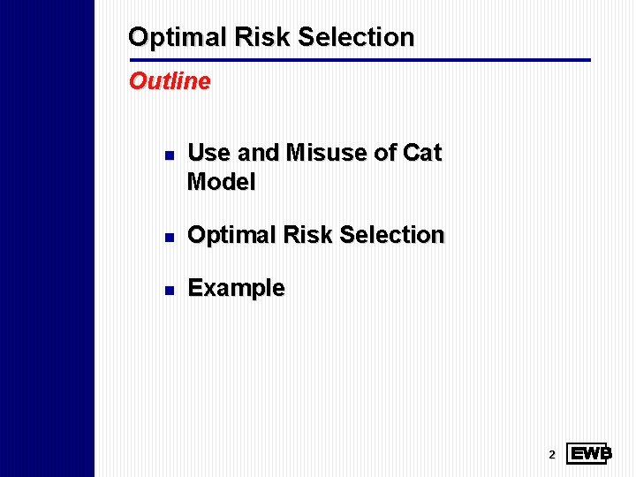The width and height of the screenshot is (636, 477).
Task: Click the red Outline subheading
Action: click(x=170, y=81)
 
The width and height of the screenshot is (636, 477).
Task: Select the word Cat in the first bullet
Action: click(x=421, y=153)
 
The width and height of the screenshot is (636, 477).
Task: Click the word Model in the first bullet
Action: click(x=222, y=183)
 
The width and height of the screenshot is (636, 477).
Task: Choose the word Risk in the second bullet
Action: click(x=306, y=235)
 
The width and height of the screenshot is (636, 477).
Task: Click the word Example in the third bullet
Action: click(x=237, y=288)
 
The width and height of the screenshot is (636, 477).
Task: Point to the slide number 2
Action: click(x=552, y=455)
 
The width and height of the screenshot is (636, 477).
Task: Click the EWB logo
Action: click(x=589, y=454)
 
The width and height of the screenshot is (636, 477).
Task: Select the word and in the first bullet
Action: click(x=258, y=153)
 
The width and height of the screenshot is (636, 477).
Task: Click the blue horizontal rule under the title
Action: click(x=359, y=60)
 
